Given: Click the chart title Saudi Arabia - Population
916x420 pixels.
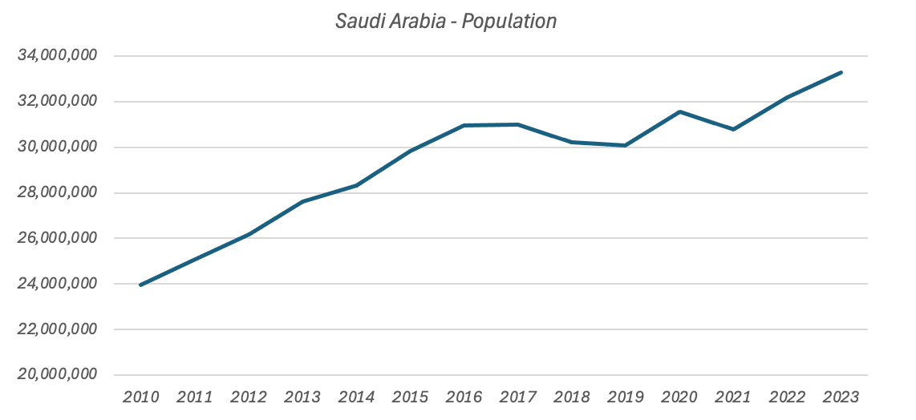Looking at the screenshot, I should (x=445, y=22).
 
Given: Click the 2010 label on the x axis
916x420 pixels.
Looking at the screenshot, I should (x=141, y=397).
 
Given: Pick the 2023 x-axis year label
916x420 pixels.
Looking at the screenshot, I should (x=841, y=397).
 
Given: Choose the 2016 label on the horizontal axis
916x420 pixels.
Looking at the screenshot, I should (x=464, y=397).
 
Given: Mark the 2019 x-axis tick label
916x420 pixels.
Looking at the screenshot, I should (x=626, y=397).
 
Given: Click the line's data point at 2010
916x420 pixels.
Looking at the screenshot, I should (x=141, y=285).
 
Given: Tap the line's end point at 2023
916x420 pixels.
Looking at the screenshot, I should (x=841, y=72).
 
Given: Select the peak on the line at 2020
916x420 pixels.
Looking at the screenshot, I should (x=679, y=111).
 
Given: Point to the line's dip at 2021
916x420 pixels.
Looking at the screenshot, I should (x=733, y=129).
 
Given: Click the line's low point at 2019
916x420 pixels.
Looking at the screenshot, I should (x=626, y=145).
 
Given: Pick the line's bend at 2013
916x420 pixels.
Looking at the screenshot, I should (x=302, y=201).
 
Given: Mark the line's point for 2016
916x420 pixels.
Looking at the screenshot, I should (x=464, y=125).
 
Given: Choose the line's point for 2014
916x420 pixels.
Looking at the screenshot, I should (x=356, y=185).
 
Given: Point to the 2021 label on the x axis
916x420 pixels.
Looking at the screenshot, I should (x=733, y=397).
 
